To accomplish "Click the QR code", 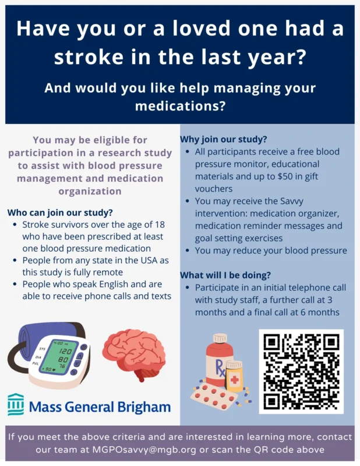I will click(x=301, y=370).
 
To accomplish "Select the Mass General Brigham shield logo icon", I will click(x=16, y=405).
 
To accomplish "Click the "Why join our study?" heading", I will click(x=223, y=140).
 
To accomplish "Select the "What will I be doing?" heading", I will click(x=225, y=275).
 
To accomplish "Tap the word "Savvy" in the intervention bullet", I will click(x=323, y=201).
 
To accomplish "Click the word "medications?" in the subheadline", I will click(x=180, y=106).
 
